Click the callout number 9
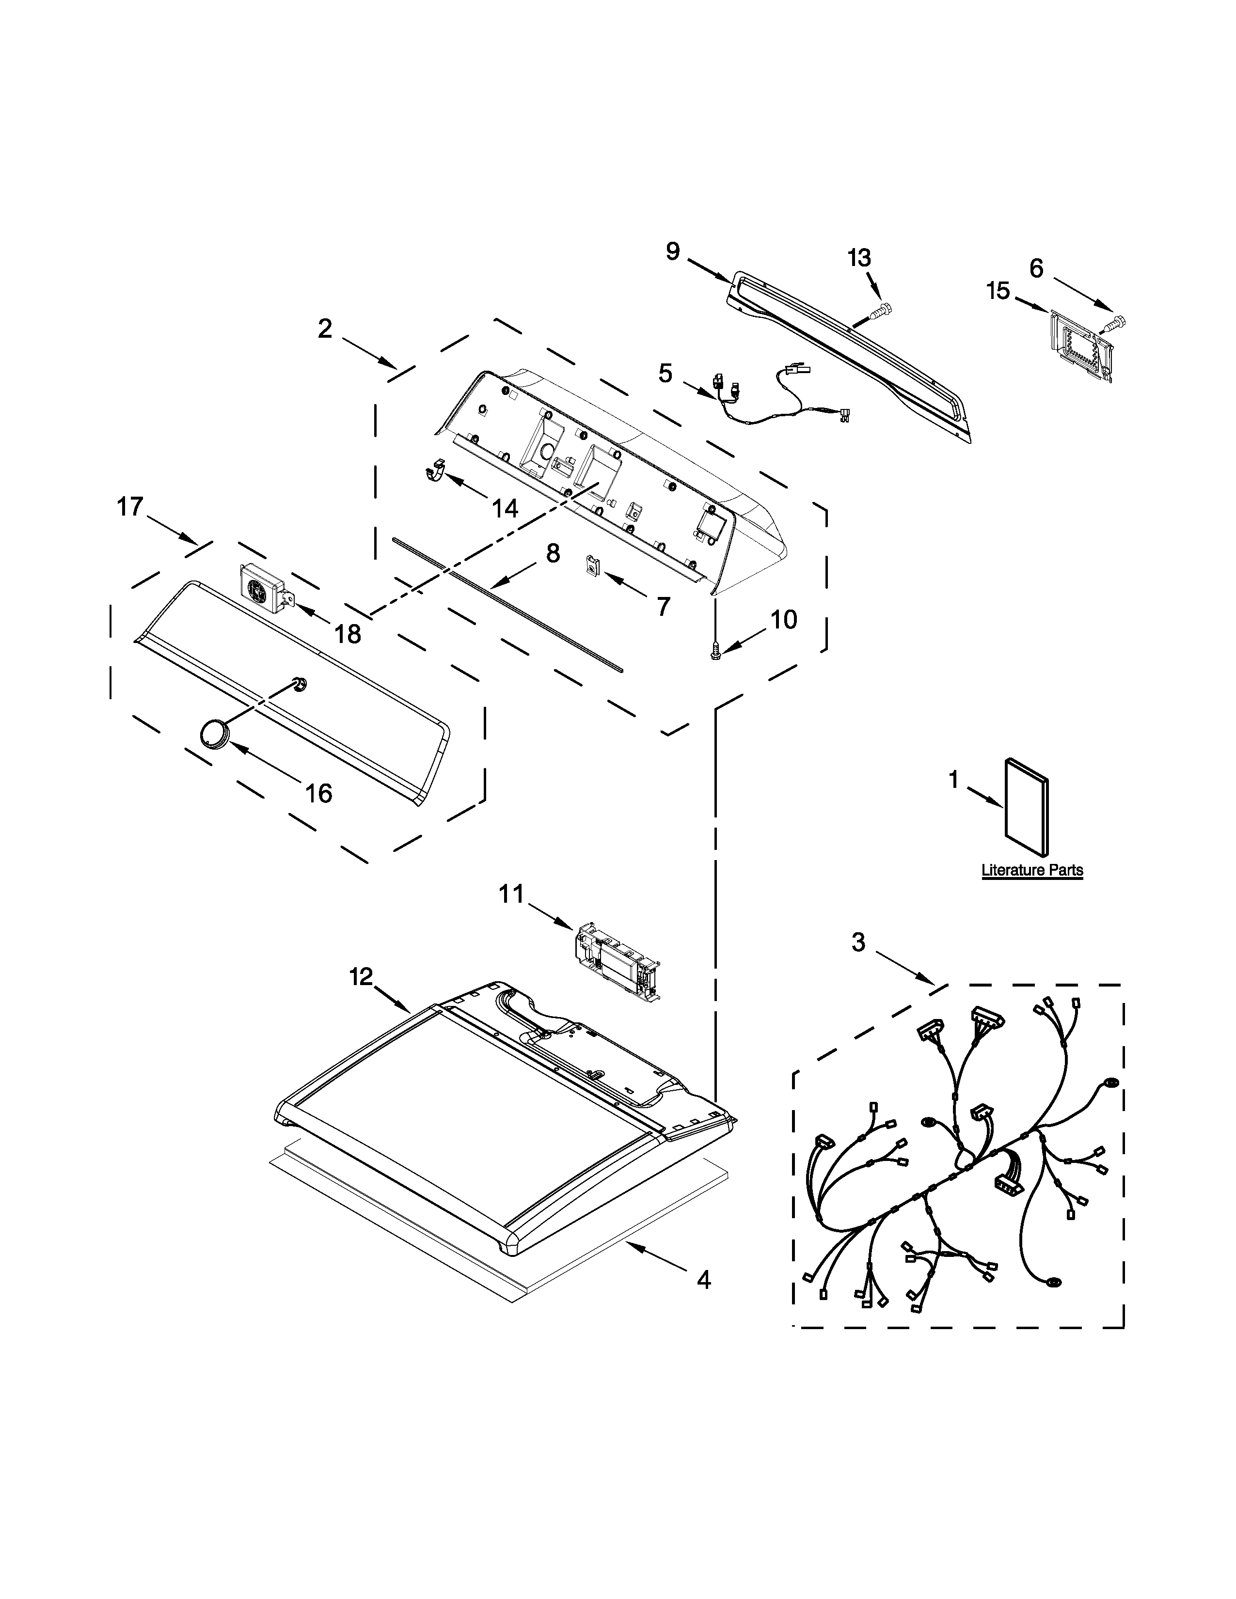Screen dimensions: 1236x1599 (x=672, y=252)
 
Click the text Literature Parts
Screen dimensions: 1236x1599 (x=1032, y=871)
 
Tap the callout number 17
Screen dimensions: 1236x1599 (x=130, y=507)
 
